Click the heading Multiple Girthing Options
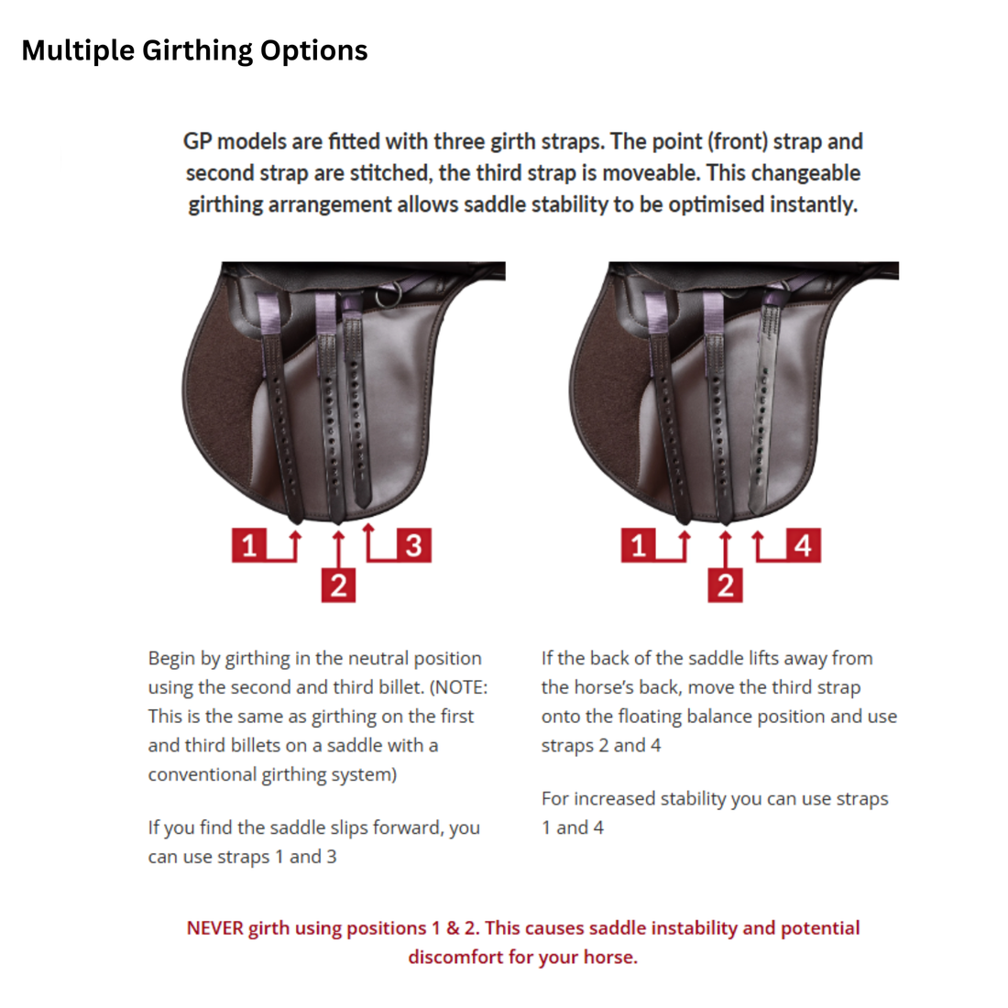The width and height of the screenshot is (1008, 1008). click(194, 49)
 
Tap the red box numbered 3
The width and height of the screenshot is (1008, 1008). click(413, 545)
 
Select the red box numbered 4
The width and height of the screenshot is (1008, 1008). click(803, 545)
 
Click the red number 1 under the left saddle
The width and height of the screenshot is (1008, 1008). click(248, 545)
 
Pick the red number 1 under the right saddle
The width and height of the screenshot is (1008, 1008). click(639, 545)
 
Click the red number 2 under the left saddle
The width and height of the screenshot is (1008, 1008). click(338, 585)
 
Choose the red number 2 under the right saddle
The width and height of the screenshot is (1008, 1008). click(725, 585)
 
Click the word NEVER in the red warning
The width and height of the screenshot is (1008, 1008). click(214, 927)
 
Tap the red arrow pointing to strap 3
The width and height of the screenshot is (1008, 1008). click(369, 541)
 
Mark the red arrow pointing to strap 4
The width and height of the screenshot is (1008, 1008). click(759, 541)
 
